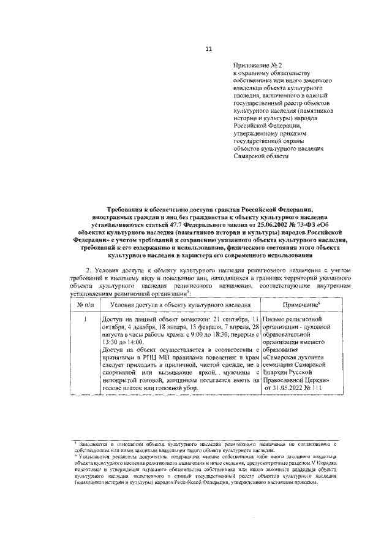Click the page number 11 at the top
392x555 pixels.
pos(208,49)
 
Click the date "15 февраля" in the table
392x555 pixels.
pos(202,328)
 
